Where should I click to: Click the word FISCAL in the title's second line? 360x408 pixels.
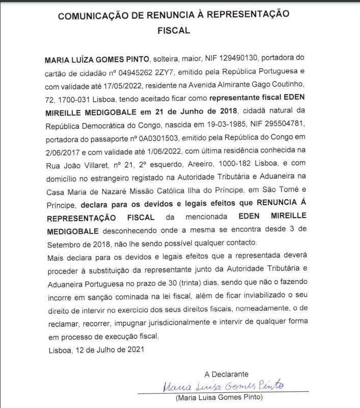tap(174, 31)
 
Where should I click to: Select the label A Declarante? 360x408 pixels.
tap(227, 374)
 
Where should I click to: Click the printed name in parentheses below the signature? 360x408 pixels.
tap(219, 397)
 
